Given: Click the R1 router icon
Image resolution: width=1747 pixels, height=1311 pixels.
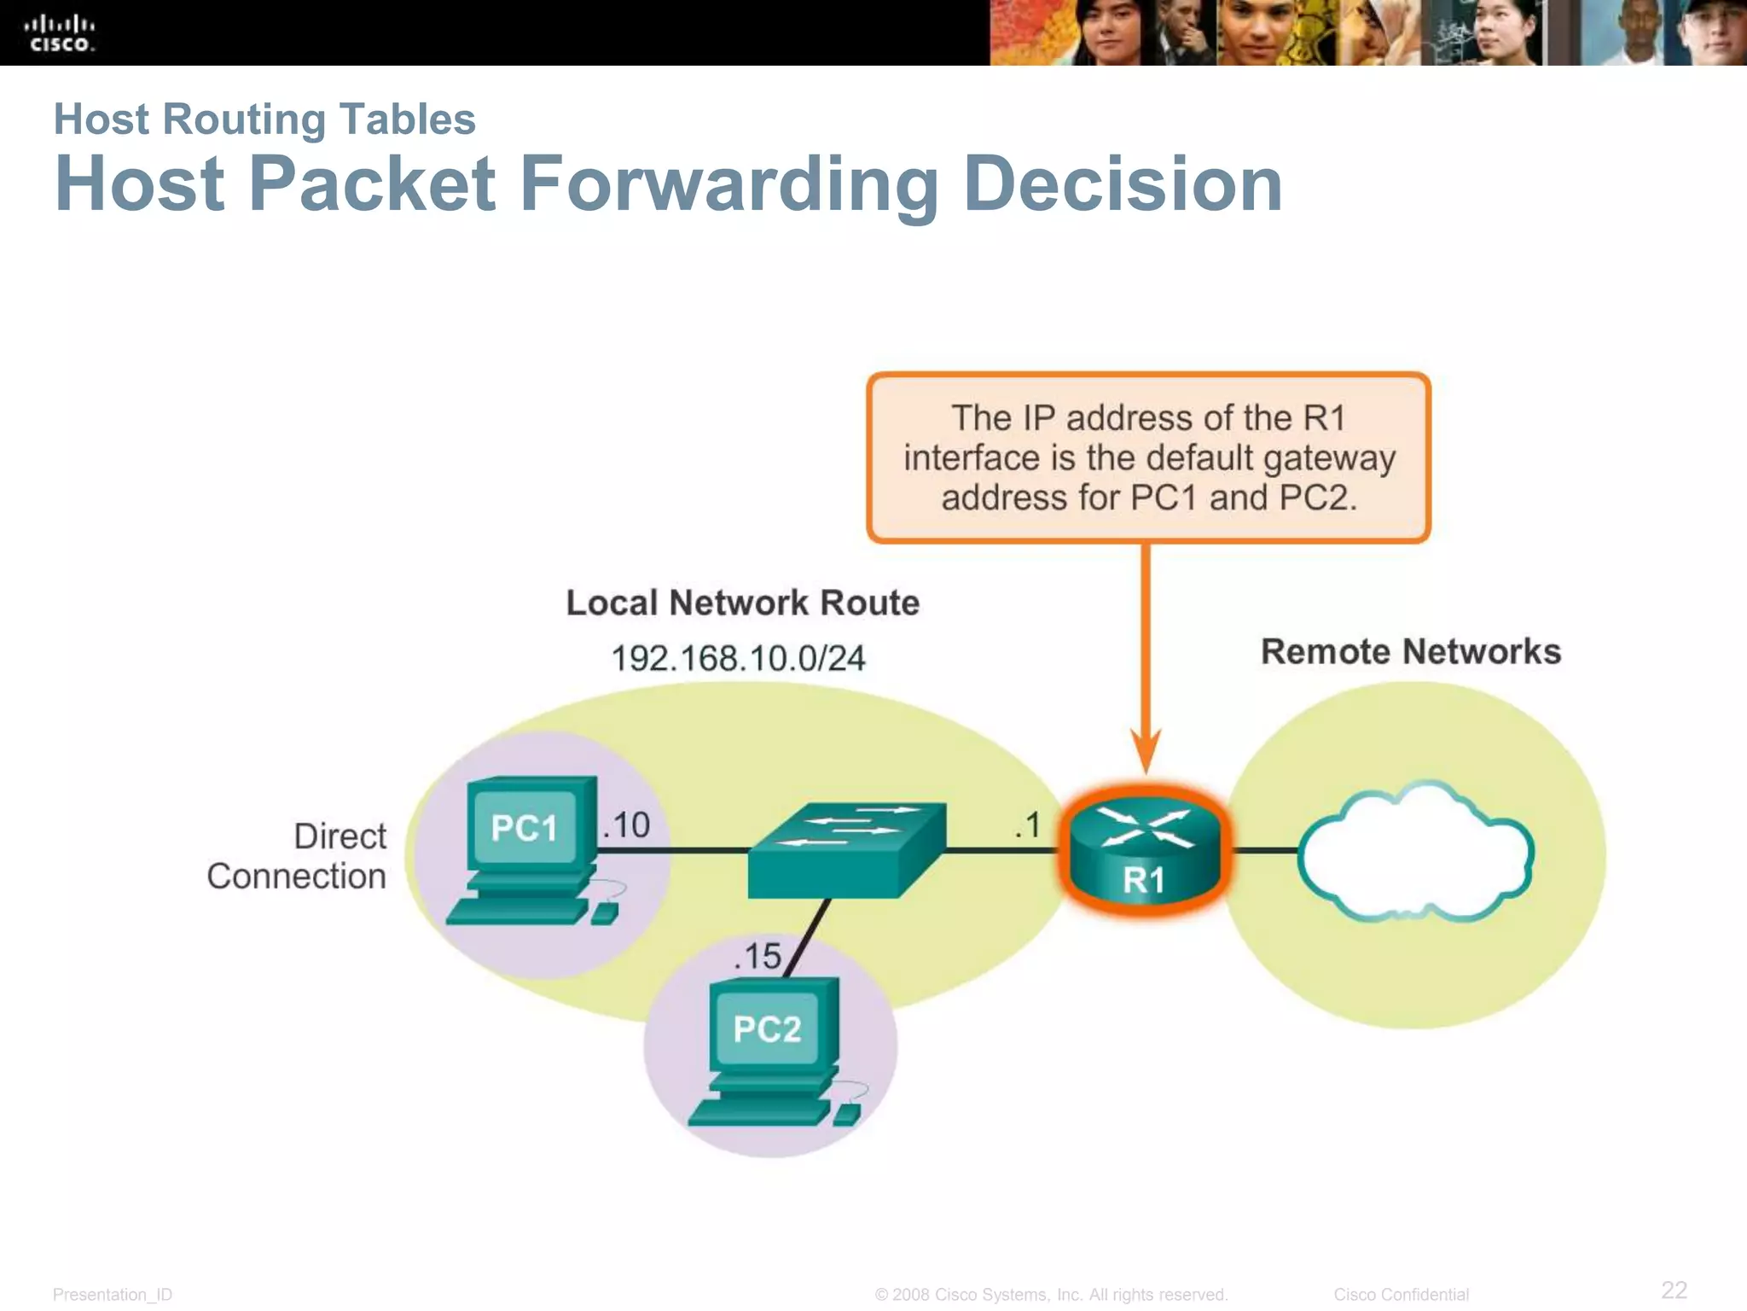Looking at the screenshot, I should (x=1144, y=852).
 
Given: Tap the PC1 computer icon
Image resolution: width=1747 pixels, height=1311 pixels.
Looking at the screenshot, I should (x=529, y=850).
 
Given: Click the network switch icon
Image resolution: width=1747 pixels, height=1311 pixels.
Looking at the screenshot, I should (x=846, y=850).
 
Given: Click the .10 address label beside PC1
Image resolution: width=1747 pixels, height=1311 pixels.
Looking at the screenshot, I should (x=627, y=825).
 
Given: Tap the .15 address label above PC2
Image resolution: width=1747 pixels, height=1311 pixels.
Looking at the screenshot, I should (x=757, y=956).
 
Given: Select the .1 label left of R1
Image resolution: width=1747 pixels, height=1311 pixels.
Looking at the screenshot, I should (x=1028, y=825).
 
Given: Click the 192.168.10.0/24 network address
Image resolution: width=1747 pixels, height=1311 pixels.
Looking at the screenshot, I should (x=738, y=658).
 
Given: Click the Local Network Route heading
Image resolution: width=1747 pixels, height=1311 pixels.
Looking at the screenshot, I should (x=743, y=603).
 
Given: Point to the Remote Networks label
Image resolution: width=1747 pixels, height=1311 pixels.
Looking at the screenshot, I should (x=1411, y=651).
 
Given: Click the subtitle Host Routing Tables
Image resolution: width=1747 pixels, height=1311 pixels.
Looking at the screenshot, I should (x=264, y=119).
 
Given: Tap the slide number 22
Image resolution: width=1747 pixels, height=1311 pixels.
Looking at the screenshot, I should (x=1674, y=1289).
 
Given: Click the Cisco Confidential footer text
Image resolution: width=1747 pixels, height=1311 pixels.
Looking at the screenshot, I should (x=1401, y=1294).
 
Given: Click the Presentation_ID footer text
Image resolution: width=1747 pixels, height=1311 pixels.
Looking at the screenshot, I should (x=113, y=1294).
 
